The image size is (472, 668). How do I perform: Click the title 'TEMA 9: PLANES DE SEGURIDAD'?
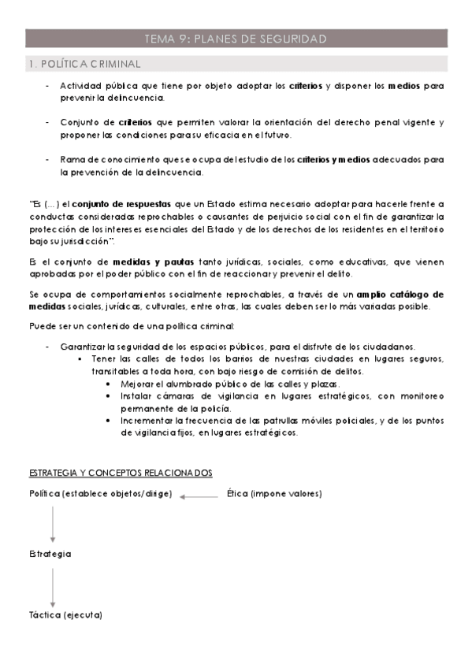click(236, 38)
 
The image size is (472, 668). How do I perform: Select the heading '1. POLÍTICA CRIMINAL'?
click(84, 63)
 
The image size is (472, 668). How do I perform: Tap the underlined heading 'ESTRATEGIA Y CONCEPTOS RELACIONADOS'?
click(121, 473)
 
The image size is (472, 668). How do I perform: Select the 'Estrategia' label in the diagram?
click(50, 554)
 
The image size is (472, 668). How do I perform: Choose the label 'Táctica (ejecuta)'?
click(65, 614)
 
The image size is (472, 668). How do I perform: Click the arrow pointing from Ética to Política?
click(199, 496)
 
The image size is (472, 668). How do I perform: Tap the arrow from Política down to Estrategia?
click(53, 524)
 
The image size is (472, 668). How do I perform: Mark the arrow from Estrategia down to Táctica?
click(53, 584)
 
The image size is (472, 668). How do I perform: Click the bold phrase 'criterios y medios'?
click(336, 159)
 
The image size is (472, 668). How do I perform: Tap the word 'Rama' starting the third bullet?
click(72, 159)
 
